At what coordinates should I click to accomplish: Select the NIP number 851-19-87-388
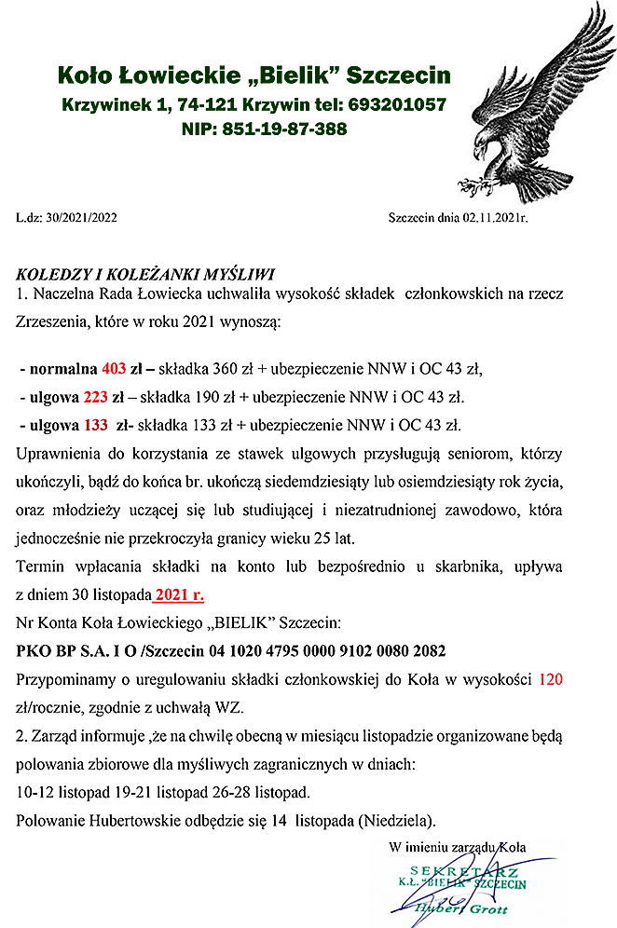coord(285,129)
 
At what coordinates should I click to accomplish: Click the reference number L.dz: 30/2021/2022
coord(66,218)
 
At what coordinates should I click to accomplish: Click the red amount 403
coord(112,367)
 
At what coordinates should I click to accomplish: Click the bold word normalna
coord(62,367)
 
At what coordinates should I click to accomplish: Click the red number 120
coord(551,679)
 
